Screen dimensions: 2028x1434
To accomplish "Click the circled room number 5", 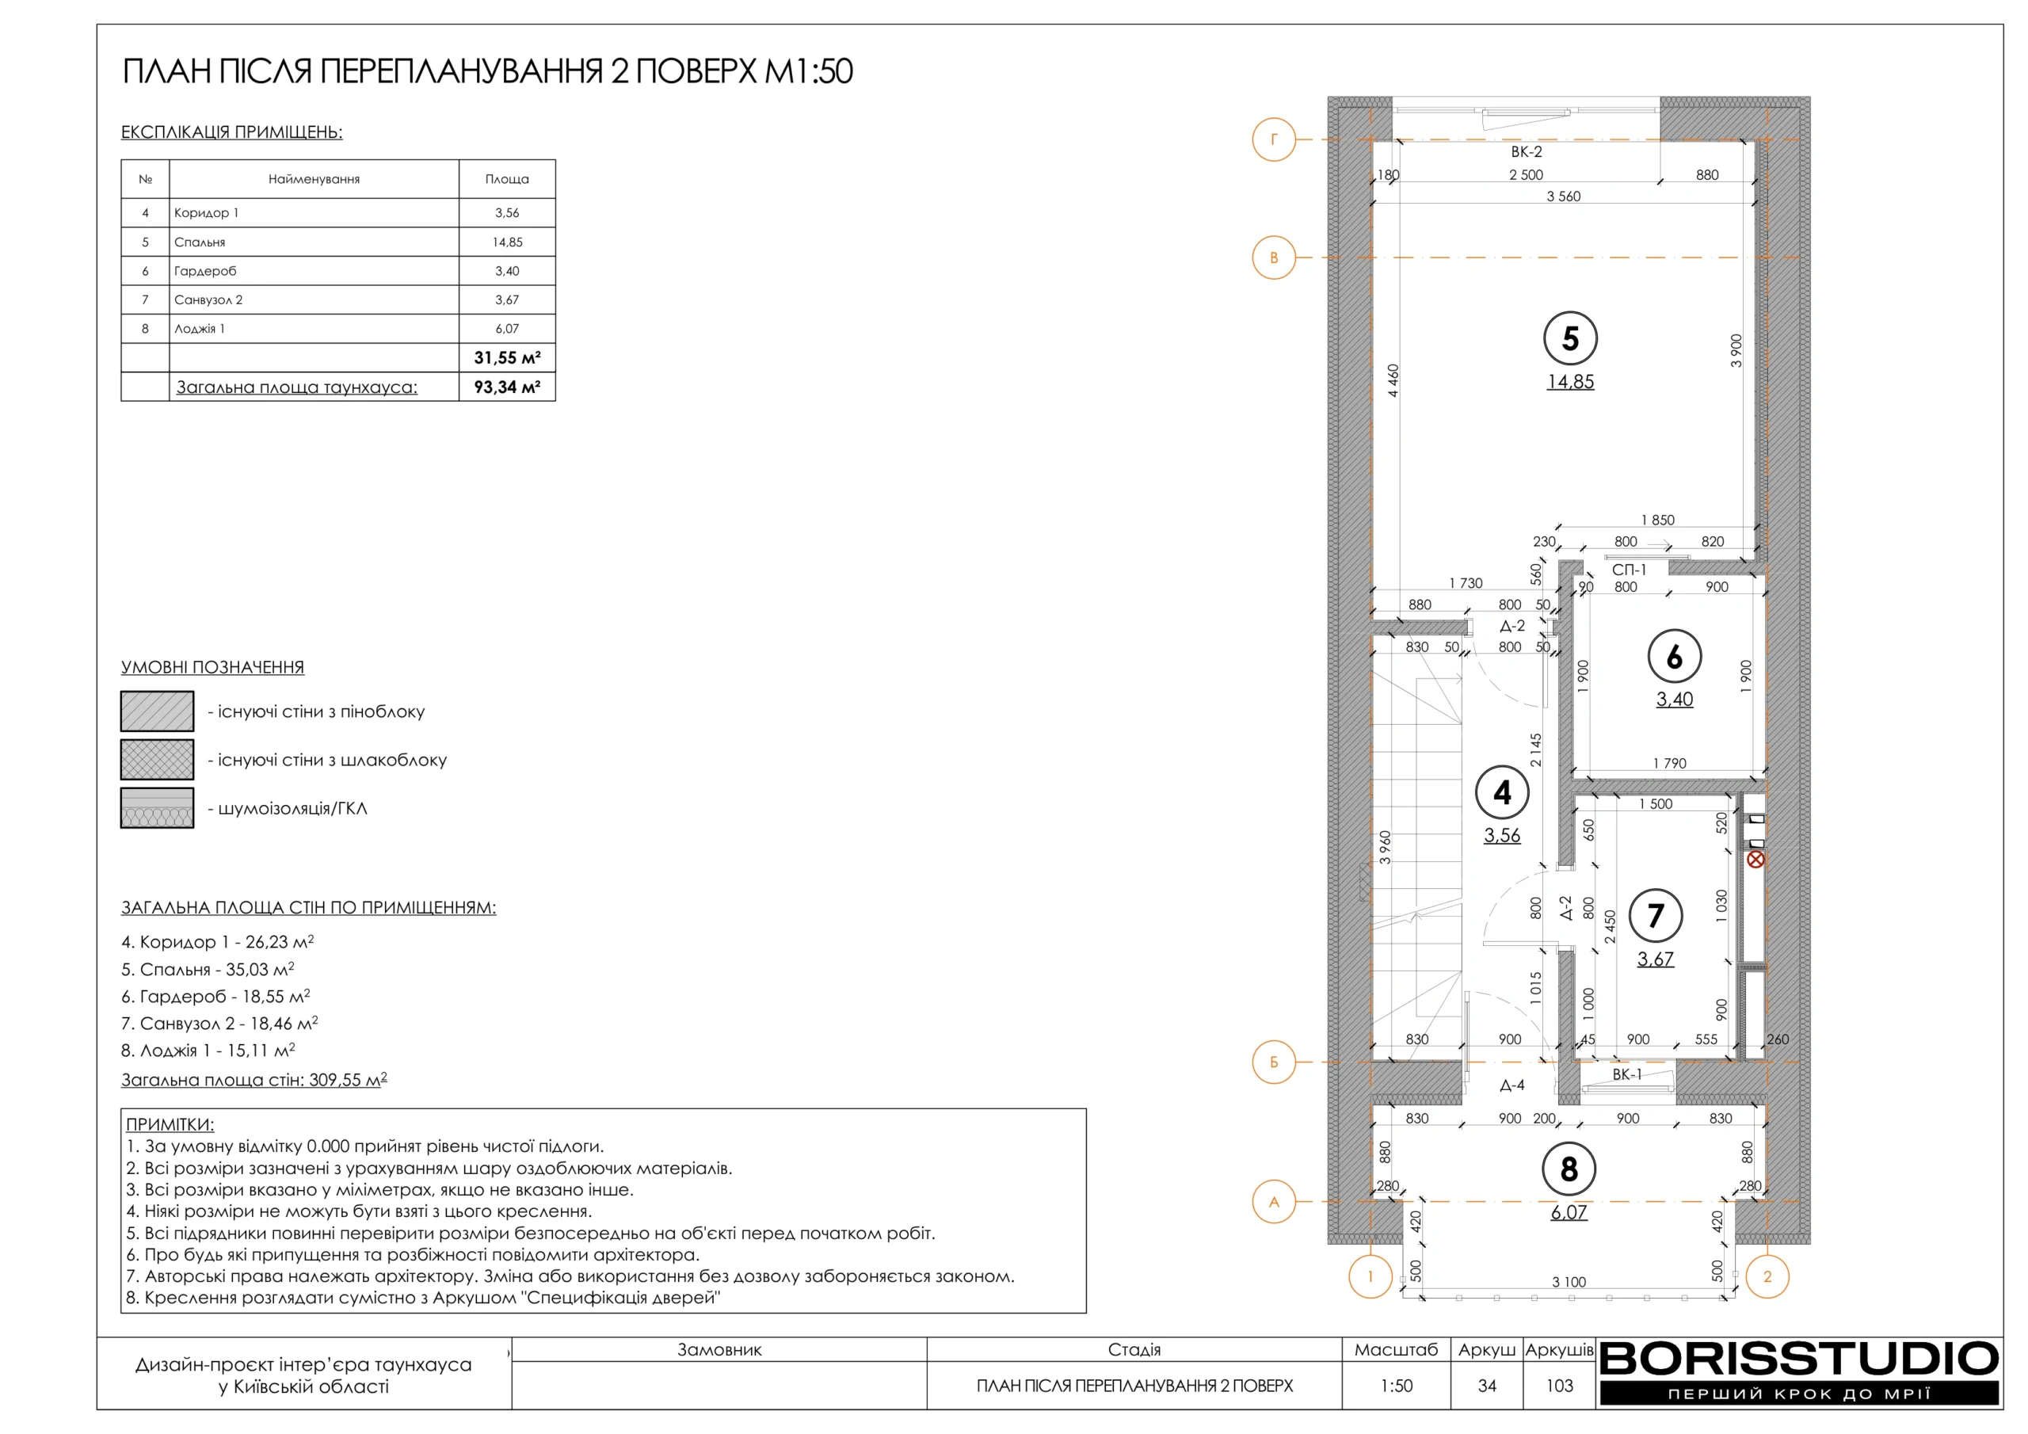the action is [1569, 338].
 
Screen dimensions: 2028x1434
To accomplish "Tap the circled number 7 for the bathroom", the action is [1655, 915].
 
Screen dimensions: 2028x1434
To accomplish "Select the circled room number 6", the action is [1674, 657].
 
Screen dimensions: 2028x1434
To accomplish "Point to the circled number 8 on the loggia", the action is [1569, 1169].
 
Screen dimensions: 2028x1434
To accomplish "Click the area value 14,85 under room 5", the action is [1569, 382].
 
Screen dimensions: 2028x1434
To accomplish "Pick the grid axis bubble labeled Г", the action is [1274, 139].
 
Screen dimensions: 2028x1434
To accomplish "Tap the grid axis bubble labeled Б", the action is [1274, 1062].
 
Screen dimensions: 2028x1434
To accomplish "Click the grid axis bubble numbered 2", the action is [1767, 1276].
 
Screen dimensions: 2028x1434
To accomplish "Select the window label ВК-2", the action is [1527, 152].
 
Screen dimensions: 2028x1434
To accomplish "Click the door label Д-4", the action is [1512, 1085].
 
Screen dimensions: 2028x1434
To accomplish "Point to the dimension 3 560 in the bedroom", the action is [1564, 196].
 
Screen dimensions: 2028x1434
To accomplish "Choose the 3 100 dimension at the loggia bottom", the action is [1569, 1282].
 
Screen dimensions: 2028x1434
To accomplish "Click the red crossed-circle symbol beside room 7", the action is [1755, 859].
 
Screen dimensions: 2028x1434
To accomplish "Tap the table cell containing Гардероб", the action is [314, 270].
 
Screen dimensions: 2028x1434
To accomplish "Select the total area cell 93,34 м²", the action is [507, 387].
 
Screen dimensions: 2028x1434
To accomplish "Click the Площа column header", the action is [507, 178].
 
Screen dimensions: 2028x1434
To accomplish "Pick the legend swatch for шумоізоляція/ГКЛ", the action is [157, 807].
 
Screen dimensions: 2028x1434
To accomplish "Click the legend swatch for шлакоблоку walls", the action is [157, 759].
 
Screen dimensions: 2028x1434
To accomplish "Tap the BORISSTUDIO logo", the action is [1798, 1373].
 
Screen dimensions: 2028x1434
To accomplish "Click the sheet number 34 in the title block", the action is [1487, 1386].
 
